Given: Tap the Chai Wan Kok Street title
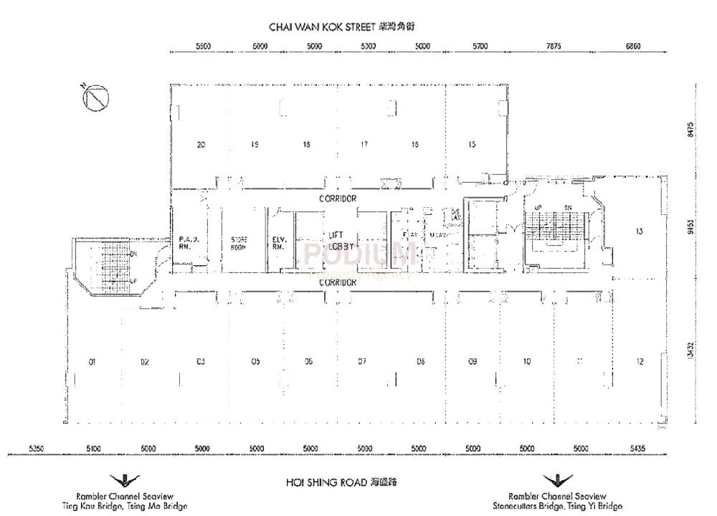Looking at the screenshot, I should (x=342, y=27).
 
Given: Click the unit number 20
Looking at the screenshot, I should (x=201, y=145).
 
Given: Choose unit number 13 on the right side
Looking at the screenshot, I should (x=639, y=231).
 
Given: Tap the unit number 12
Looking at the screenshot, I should (x=639, y=362).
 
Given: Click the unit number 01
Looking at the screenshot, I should (x=92, y=363).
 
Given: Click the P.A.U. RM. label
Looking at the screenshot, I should (x=188, y=242).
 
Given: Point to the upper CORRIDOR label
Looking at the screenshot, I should (x=338, y=198).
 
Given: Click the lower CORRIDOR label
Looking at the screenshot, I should (x=338, y=283).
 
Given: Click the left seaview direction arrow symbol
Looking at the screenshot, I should (x=125, y=480).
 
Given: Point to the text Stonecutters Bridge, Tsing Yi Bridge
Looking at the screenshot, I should (x=557, y=506).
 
